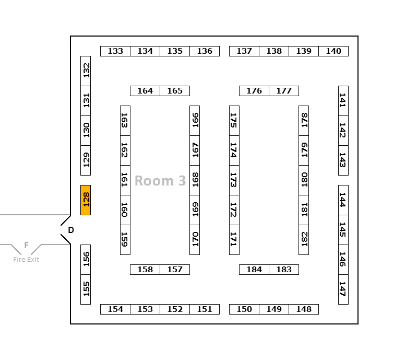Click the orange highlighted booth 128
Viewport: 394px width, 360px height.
(x=86, y=200)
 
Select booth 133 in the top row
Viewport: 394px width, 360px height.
(x=115, y=51)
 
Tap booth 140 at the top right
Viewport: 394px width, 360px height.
(x=333, y=51)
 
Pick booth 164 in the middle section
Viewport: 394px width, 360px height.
(x=145, y=91)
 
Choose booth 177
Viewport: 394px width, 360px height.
(x=284, y=91)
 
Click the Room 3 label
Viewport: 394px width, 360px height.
(x=160, y=181)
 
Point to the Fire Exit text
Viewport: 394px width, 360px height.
(x=26, y=260)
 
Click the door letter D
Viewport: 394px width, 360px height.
(x=71, y=230)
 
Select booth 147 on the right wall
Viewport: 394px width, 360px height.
(x=343, y=289)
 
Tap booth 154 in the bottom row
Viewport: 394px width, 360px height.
(x=115, y=309)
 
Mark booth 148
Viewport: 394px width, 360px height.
(x=304, y=309)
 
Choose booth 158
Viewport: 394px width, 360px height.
(x=145, y=270)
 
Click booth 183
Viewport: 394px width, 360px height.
(x=284, y=270)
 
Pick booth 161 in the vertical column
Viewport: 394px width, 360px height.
(x=125, y=180)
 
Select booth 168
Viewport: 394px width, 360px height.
(x=195, y=180)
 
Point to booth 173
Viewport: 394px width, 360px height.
(x=234, y=180)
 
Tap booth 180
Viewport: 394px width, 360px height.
(x=304, y=180)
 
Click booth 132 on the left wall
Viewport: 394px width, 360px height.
(x=86, y=71)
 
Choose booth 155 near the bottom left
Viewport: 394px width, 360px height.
(x=86, y=289)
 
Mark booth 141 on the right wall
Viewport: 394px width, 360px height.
(x=343, y=100)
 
